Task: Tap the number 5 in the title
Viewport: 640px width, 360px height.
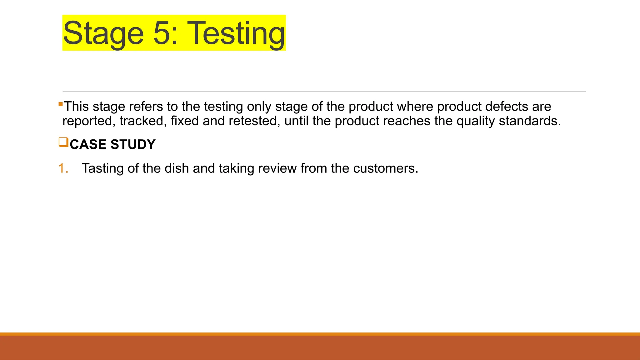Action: [162, 33]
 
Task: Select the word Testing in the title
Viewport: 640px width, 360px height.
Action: [237, 33]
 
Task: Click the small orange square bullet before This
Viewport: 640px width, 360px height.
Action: [61, 104]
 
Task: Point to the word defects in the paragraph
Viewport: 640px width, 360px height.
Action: [506, 107]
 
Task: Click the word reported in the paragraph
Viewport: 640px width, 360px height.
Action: [87, 121]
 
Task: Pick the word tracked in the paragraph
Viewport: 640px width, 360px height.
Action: [143, 121]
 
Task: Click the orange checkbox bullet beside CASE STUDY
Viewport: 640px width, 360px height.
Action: [63, 142]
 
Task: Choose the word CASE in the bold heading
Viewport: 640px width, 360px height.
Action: [88, 144]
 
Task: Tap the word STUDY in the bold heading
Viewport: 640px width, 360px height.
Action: [133, 144]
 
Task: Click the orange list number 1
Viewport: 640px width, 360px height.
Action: [63, 168]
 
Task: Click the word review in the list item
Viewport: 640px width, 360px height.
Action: [277, 168]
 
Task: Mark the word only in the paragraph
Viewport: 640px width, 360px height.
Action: [259, 107]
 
